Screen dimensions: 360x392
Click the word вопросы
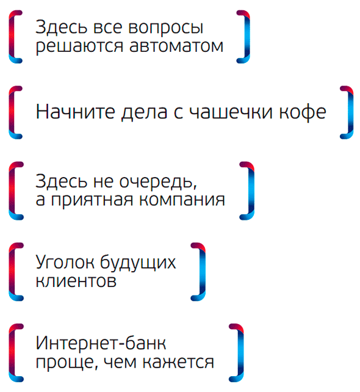tap(165, 28)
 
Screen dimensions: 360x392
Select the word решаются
tap(79, 46)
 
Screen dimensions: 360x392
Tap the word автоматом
tap(176, 46)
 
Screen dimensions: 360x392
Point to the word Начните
tap(76, 111)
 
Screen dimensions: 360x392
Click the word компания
tap(182, 200)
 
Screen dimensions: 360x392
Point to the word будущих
tap(138, 263)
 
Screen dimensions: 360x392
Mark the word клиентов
tap(76, 281)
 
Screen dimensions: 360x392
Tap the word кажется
tap(178, 362)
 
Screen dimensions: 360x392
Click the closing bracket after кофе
tap(347, 112)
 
